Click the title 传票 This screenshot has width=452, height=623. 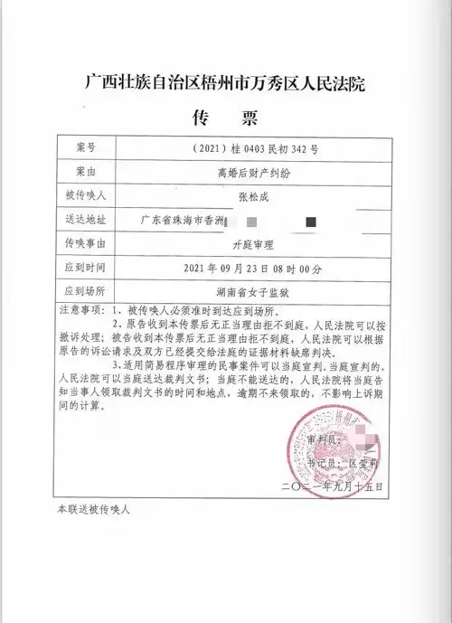(226, 118)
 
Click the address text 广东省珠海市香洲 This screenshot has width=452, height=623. (181, 220)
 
